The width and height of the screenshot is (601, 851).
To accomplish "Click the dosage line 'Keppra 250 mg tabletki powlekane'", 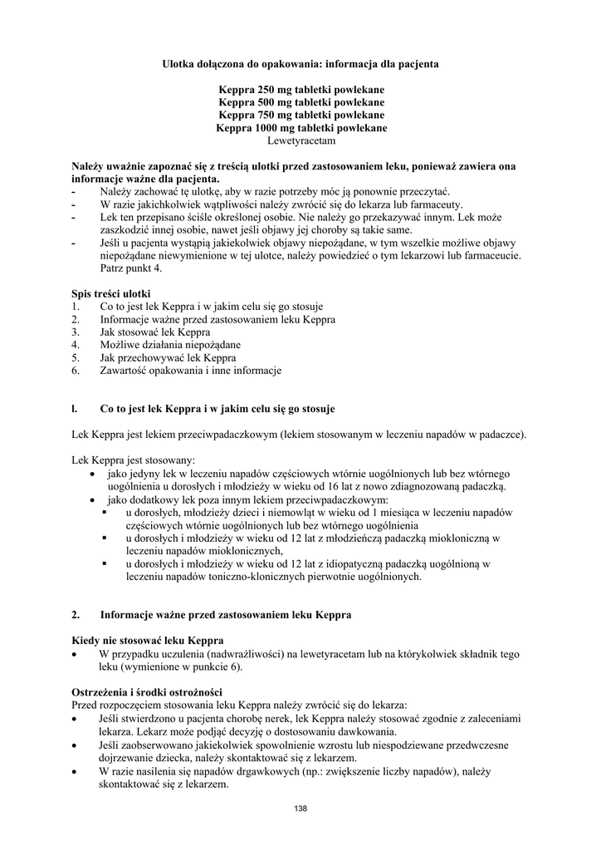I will pos(300,89).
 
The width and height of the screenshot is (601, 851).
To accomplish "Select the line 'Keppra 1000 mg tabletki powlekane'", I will pos(300,128).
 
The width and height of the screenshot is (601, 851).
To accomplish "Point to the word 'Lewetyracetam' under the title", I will pos(300,141).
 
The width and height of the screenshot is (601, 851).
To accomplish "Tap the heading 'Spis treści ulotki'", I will pos(110,294).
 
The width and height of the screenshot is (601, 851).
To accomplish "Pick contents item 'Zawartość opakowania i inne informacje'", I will pos(191,370).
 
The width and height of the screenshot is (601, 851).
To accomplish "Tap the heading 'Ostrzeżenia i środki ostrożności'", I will pos(147,692).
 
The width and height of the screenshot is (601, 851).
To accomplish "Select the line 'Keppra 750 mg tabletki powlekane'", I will pos(300,115).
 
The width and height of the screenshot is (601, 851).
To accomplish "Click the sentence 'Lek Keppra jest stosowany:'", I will pos(134,460).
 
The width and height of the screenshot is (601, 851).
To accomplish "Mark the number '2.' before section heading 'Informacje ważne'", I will pos(76,615).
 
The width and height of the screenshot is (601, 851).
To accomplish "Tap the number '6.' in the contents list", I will pos(76,370).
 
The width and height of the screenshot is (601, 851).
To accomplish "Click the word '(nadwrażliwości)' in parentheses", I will pos(227,654).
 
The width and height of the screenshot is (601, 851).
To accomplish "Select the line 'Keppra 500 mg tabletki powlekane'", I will pos(300,102).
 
